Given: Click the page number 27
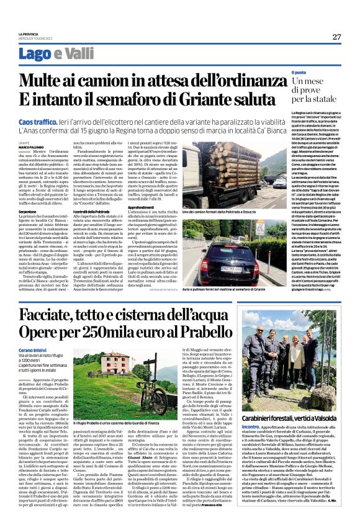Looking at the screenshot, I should (x=336, y=37).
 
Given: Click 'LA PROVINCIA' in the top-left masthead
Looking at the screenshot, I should (x=29, y=34).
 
